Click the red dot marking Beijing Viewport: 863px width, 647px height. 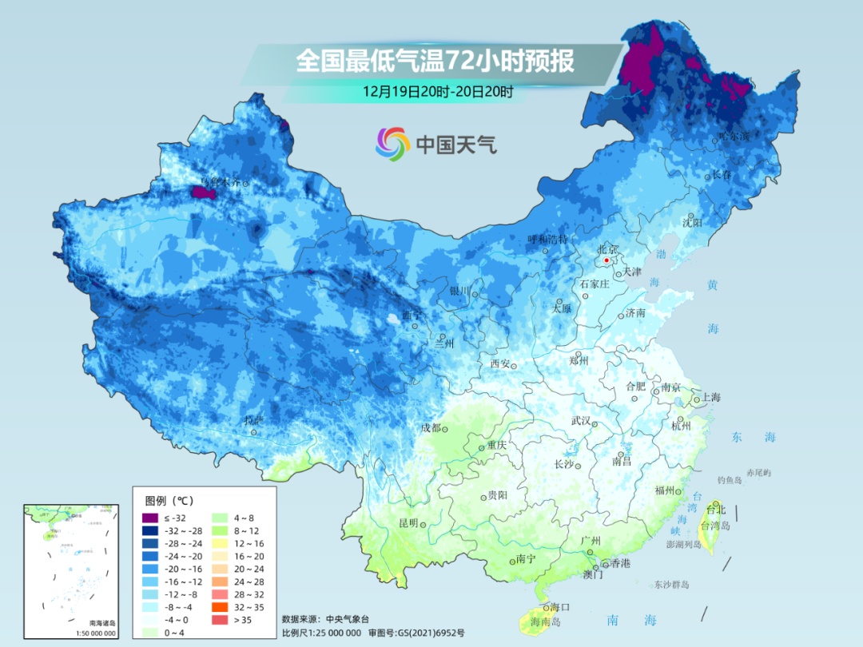pos(607,260)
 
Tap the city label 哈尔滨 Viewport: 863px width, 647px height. pos(734,137)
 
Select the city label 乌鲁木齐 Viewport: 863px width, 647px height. pos(219,182)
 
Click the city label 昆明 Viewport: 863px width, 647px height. pos(408,522)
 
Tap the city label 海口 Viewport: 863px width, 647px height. pos(559,607)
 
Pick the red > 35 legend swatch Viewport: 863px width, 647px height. pos(219,619)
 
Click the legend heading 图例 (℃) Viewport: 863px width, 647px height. pos(169,501)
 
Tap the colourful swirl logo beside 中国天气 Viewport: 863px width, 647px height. pos(392,144)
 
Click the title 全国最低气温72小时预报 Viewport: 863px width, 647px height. pos(435,61)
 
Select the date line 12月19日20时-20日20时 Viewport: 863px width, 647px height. pos(437,91)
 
